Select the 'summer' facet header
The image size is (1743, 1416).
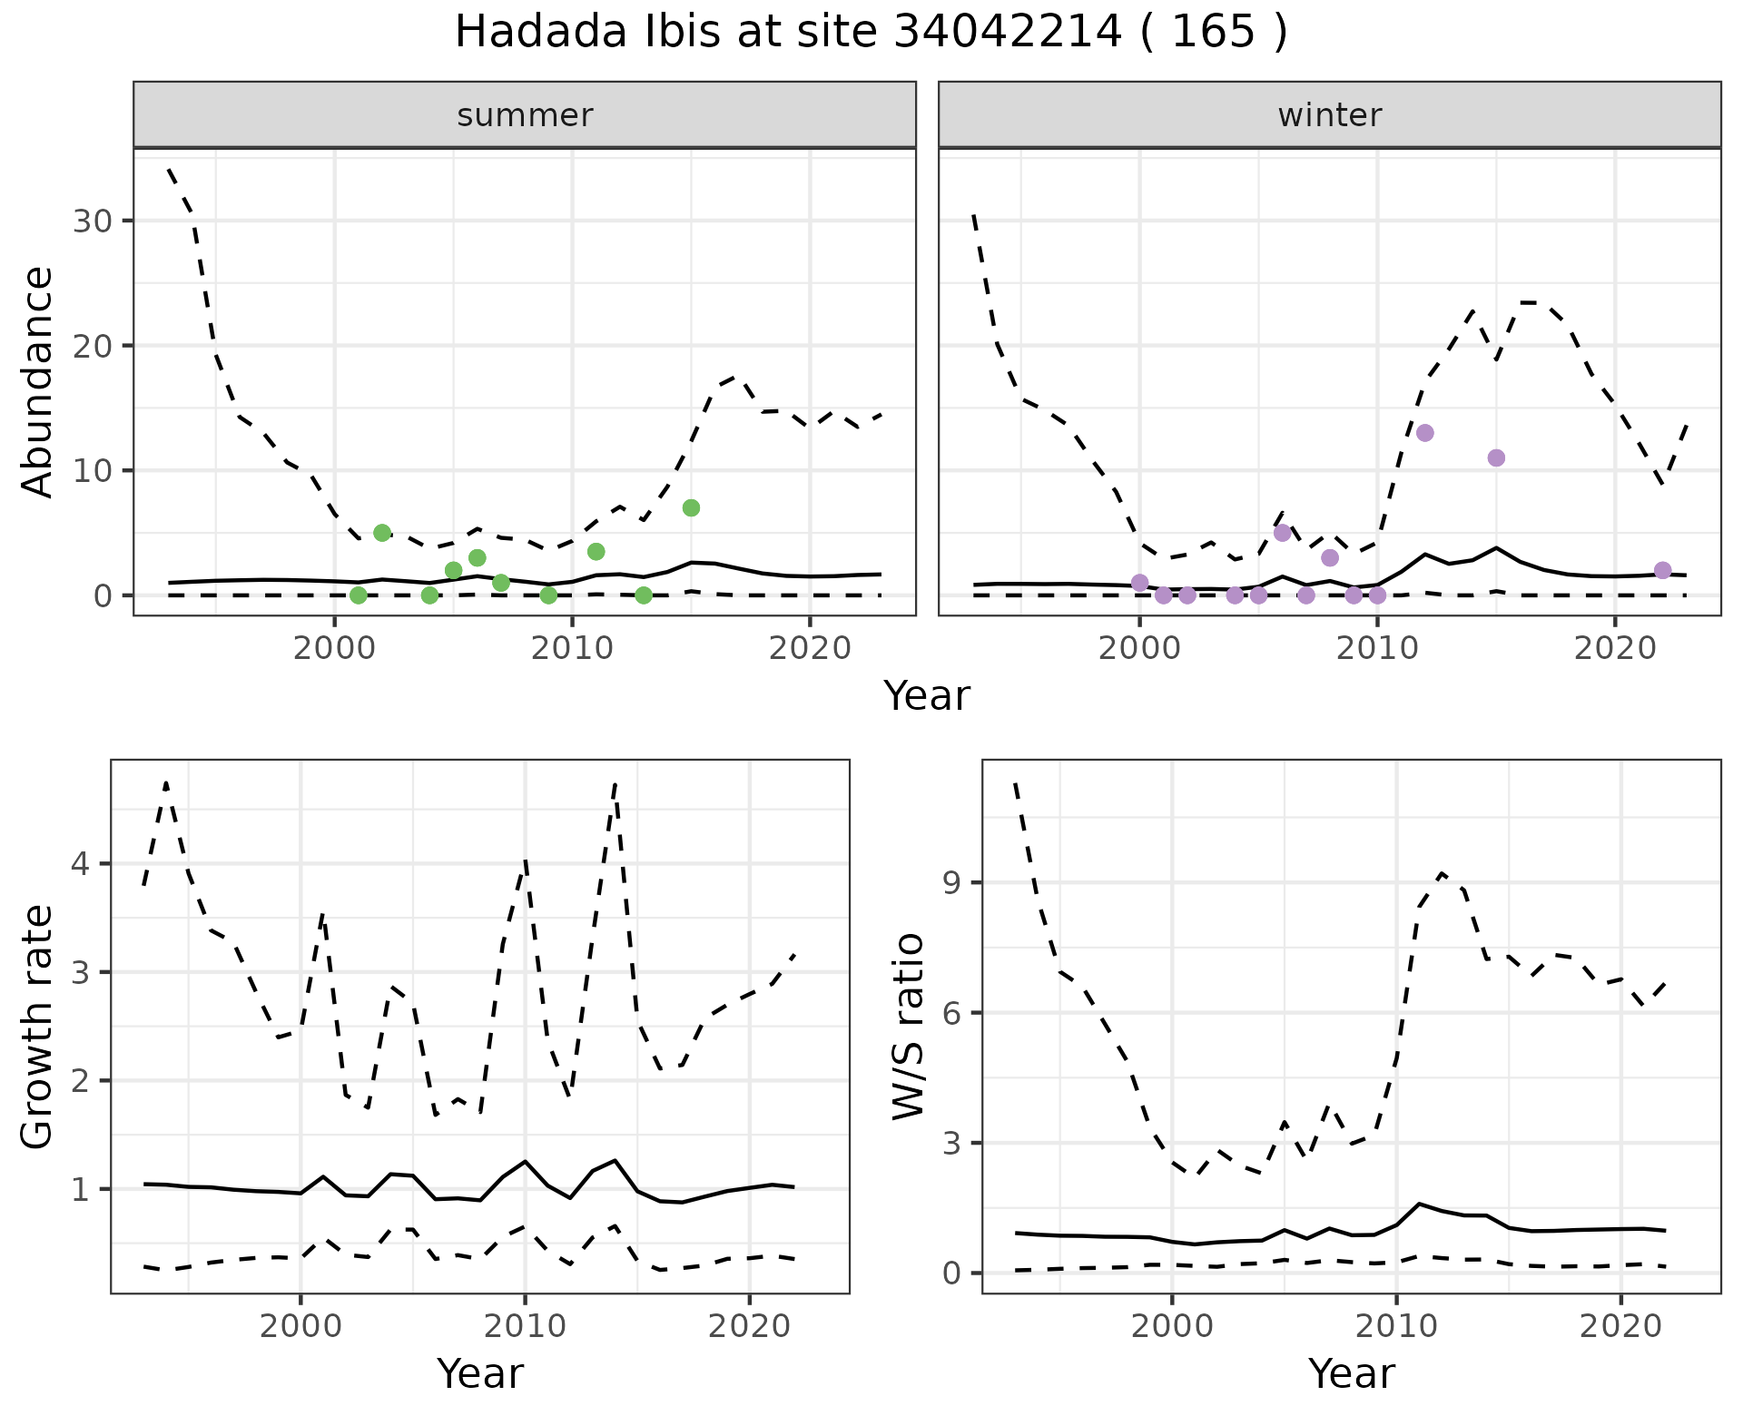[x=525, y=115]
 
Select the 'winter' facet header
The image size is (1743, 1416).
[x=1329, y=115]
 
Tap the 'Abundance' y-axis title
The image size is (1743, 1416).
[x=38, y=381]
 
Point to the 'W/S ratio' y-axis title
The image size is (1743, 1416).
[x=909, y=1027]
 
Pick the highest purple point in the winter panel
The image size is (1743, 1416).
[x=1424, y=433]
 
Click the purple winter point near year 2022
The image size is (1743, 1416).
[x=1662, y=570]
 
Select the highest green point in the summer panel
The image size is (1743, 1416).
[x=691, y=507]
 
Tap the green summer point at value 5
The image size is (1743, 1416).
[x=382, y=533]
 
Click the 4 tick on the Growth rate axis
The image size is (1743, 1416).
[x=82, y=863]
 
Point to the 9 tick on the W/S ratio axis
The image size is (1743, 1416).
[x=951, y=883]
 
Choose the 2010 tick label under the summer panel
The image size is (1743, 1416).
[x=572, y=648]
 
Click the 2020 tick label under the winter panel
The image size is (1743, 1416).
[x=1615, y=648]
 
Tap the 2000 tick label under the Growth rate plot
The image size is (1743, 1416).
[x=300, y=1326]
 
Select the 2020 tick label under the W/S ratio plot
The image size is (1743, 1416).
[x=1620, y=1326]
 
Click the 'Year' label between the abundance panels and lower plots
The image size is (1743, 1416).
[x=926, y=696]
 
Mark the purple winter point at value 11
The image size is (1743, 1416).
[x=1496, y=457]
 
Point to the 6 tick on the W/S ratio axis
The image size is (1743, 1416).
[x=951, y=1013]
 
